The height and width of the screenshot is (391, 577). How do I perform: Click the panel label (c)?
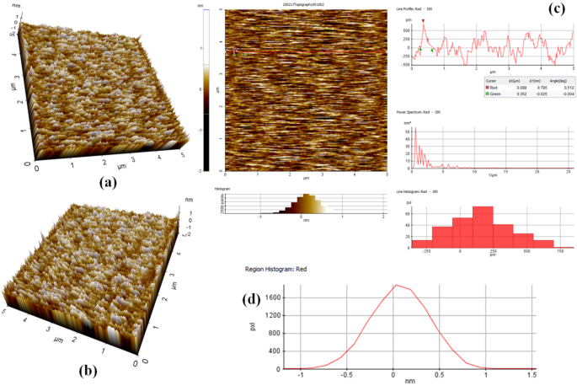[557, 10]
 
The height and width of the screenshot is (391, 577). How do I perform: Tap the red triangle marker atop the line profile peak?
[423, 20]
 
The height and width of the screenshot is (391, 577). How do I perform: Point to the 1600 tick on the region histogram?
[272, 297]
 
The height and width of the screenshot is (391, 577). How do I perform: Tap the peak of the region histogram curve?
[395, 285]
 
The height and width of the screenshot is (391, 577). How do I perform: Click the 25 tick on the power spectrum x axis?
[569, 172]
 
